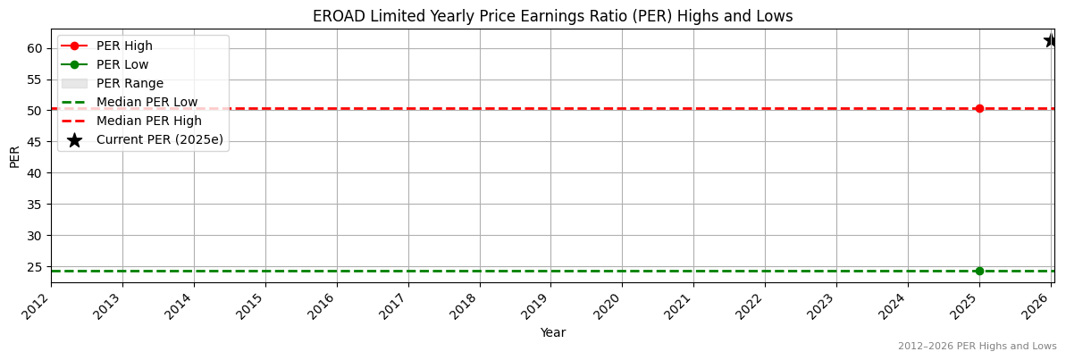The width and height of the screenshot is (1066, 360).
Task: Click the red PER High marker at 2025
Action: tap(979, 108)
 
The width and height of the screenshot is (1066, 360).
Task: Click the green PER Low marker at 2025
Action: tap(979, 271)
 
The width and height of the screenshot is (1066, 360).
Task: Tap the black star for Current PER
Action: tap(1051, 40)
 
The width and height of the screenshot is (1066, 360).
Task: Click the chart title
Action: tap(552, 16)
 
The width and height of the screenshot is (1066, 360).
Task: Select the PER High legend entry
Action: tap(124, 46)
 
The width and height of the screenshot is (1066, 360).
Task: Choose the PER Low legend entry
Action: tap(122, 64)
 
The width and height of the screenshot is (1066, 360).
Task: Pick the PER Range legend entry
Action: tap(130, 83)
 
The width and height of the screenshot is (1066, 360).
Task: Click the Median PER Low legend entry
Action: tap(147, 102)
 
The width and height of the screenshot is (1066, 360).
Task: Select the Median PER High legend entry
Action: tap(148, 121)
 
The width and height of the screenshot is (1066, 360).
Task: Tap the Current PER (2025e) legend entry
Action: tap(159, 139)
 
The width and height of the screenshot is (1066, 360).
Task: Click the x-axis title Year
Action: tap(552, 332)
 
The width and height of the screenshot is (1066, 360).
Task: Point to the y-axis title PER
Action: tap(14, 156)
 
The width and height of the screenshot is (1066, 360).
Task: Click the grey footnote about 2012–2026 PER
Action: tap(977, 346)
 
